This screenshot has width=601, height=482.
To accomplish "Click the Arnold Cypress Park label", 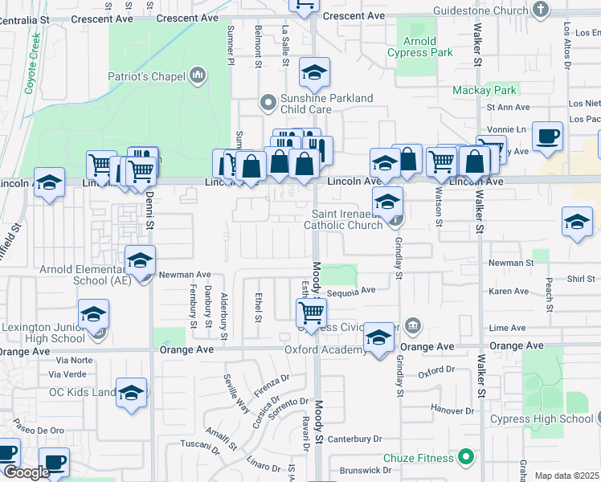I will [x=420, y=47].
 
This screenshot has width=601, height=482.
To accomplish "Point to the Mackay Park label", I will [x=484, y=90].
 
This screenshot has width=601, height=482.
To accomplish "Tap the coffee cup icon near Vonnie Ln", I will [x=547, y=136].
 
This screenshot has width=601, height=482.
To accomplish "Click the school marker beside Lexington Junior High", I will [x=94, y=314].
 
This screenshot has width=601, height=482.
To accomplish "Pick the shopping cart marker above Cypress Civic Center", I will [x=311, y=311].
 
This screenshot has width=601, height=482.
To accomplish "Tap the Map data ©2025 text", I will [x=567, y=476].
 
